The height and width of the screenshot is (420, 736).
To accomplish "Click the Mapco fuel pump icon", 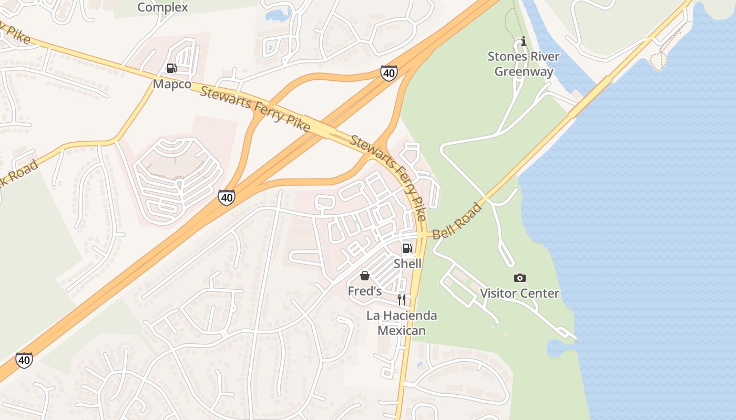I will click(x=171, y=68).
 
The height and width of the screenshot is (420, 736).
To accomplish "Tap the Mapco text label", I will click(x=172, y=84).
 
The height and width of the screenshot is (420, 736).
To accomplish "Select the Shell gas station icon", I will click(x=407, y=248).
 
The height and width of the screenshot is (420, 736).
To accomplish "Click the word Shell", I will click(x=407, y=263).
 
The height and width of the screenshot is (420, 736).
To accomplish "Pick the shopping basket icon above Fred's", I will click(x=364, y=276).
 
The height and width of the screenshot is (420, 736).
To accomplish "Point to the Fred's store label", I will click(x=364, y=290).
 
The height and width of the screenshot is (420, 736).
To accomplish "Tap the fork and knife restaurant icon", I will click(x=401, y=300).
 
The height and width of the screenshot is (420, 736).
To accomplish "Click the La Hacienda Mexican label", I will click(x=402, y=323).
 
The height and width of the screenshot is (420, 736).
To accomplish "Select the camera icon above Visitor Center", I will click(x=519, y=278).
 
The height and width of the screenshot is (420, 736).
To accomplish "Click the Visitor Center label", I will click(x=519, y=293).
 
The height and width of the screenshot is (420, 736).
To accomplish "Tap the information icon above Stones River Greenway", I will click(x=523, y=41).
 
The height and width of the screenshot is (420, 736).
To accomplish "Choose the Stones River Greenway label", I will click(x=523, y=64).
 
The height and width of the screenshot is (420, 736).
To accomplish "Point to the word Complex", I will click(x=162, y=7).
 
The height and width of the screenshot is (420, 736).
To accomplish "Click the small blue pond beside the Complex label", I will click(x=278, y=14).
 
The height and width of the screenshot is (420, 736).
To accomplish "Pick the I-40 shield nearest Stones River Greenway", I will click(x=389, y=73).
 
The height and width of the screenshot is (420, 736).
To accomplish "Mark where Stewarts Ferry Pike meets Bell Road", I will click(x=422, y=235).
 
